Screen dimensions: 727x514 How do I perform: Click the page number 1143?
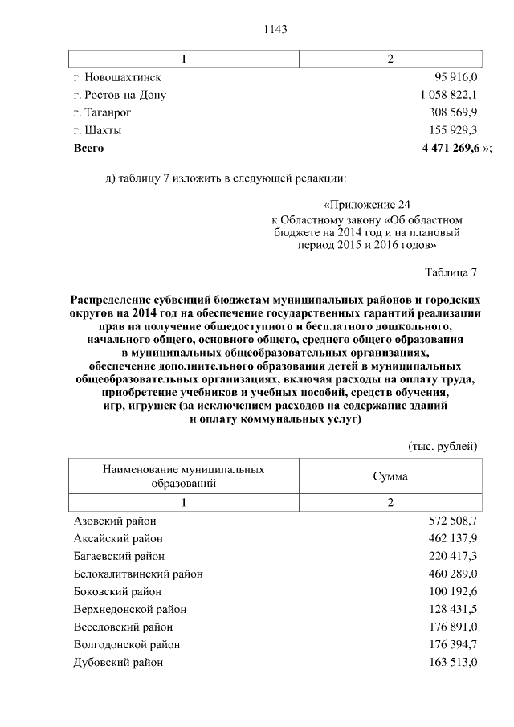275,29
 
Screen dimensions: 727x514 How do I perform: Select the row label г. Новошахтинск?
117,77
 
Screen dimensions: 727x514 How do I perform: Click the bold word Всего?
88,148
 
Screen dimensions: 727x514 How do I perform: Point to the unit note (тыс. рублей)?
443,445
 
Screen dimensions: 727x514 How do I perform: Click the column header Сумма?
390,476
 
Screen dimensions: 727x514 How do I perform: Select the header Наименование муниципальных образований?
184,476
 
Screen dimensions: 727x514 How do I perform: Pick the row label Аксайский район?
118,538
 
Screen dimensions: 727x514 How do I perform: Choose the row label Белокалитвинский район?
137,574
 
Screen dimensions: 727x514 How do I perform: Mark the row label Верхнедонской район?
129,609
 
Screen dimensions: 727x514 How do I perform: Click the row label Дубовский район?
118,662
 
